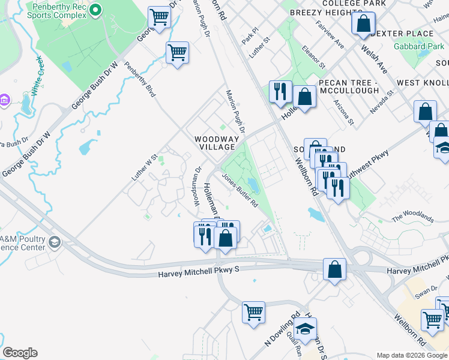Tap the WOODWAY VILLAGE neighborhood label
pyautogui.click(x=217, y=145)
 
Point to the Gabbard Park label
pyautogui.click(x=418, y=46)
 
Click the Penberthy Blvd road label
pyautogui.click(x=140, y=80)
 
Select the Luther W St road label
pyautogui.click(x=144, y=168)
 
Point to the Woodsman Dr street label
pyautogui.click(x=196, y=185)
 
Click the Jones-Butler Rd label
pyautogui.click(x=240, y=191)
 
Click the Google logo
pyautogui.click(x=20, y=353)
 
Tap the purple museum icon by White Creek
pyautogui.click(x=4, y=99)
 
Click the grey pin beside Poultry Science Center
pyautogui.click(x=55, y=242)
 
